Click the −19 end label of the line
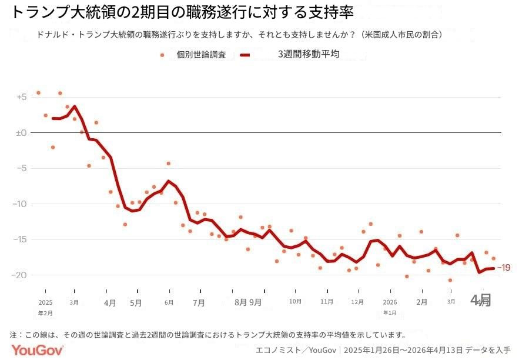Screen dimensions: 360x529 pyautogui.click(x=504, y=268)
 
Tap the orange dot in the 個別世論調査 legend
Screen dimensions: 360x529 pyautogui.click(x=162, y=55)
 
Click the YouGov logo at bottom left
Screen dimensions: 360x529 pyautogui.click(x=36, y=351)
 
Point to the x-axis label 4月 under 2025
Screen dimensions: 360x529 pyautogui.click(x=110, y=303)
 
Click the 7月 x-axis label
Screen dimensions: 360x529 pyautogui.click(x=199, y=303)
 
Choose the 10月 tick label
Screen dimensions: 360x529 pyautogui.click(x=296, y=302)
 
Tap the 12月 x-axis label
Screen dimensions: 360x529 pyautogui.click(x=357, y=302)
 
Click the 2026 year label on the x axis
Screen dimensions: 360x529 pyautogui.click(x=390, y=302)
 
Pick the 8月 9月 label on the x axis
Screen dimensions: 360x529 pyautogui.click(x=248, y=303)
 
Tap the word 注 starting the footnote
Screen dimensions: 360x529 pyautogui.click(x=14, y=335)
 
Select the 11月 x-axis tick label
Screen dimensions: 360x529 pyautogui.click(x=327, y=302)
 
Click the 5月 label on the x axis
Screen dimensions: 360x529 pyautogui.click(x=136, y=303)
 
